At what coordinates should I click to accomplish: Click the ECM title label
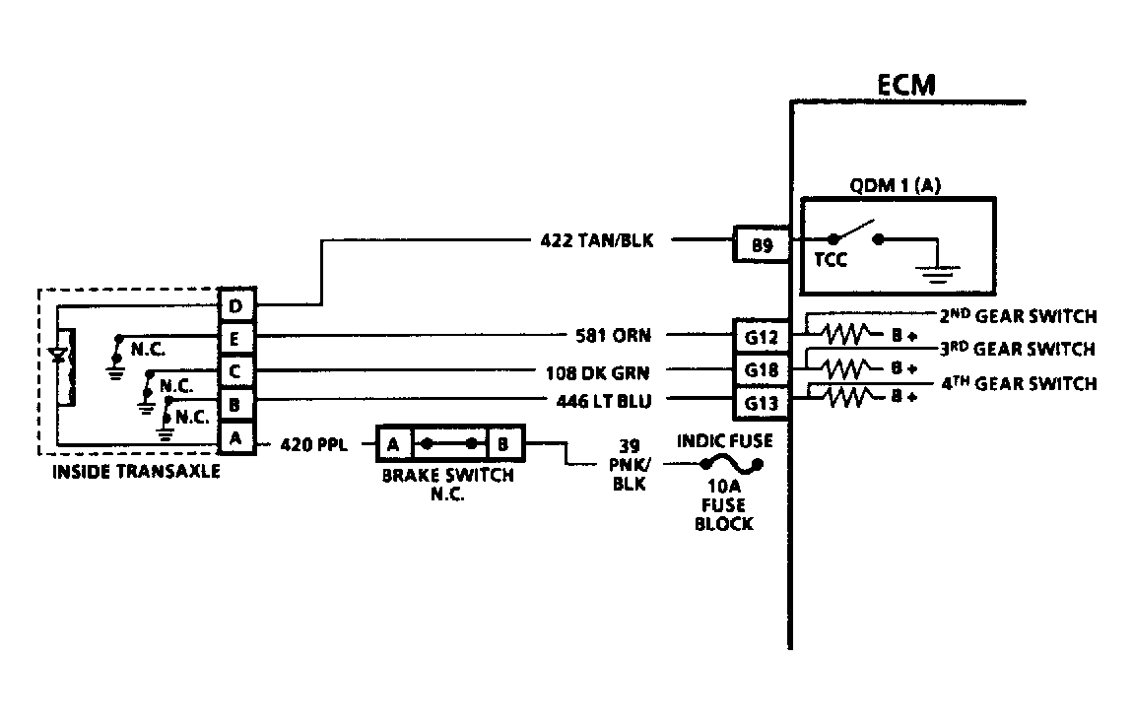pyautogui.click(x=906, y=85)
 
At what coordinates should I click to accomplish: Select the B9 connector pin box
pyautogui.click(x=762, y=244)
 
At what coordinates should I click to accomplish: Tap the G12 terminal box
pyautogui.click(x=762, y=337)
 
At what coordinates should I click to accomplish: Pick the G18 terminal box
pyautogui.click(x=762, y=370)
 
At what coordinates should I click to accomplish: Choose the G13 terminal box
pyautogui.click(x=762, y=403)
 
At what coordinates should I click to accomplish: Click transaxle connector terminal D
pyautogui.click(x=236, y=305)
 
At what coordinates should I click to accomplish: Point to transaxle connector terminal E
pyautogui.click(x=236, y=338)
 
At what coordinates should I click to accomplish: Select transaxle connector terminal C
pyautogui.click(x=236, y=371)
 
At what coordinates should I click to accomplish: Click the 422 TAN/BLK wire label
pyautogui.click(x=597, y=240)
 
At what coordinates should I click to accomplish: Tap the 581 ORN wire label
pyautogui.click(x=613, y=335)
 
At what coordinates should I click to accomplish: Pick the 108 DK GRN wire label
pyautogui.click(x=597, y=373)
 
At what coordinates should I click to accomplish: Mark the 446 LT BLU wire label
pyautogui.click(x=603, y=401)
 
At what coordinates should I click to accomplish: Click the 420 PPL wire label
pyautogui.click(x=313, y=443)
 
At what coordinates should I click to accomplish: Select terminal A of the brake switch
pyautogui.click(x=393, y=443)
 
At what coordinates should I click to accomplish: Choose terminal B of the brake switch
pyautogui.click(x=503, y=443)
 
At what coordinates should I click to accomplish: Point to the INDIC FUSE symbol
pyautogui.click(x=731, y=464)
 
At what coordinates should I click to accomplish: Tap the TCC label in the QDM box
pyautogui.click(x=831, y=260)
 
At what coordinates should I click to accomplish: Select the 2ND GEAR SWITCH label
pyautogui.click(x=1018, y=316)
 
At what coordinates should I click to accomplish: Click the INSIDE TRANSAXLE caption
pyautogui.click(x=136, y=472)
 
